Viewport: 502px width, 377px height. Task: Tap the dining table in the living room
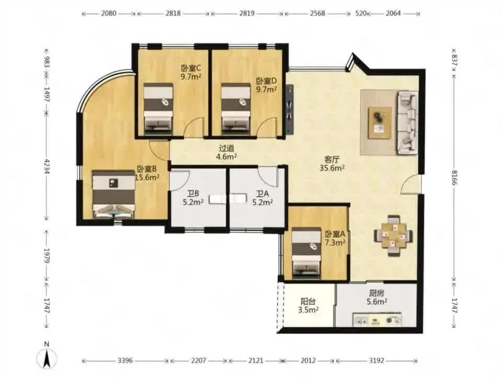[x=393, y=236]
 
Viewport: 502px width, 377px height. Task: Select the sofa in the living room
[x=407, y=123]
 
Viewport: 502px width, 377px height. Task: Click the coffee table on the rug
[x=380, y=123]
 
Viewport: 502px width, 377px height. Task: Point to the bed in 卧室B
[x=113, y=194]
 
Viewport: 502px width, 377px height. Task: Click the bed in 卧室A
[x=306, y=252]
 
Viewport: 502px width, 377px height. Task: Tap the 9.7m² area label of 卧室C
[x=191, y=76]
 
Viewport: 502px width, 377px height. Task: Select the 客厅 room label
[x=332, y=159]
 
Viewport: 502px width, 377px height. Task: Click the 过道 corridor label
[x=226, y=148]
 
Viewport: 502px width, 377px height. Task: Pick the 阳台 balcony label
[x=308, y=302]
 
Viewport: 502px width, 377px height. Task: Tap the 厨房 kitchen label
[x=376, y=293]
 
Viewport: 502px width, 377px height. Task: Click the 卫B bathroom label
[x=193, y=194]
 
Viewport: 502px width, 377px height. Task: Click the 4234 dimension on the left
[x=47, y=166]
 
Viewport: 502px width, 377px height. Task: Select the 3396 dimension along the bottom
[x=125, y=361]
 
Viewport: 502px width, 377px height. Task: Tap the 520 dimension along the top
[x=361, y=14]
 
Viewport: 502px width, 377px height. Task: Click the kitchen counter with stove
[x=377, y=319]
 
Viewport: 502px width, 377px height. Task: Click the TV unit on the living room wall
[x=290, y=109]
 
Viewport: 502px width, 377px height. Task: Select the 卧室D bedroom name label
[x=266, y=81]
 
